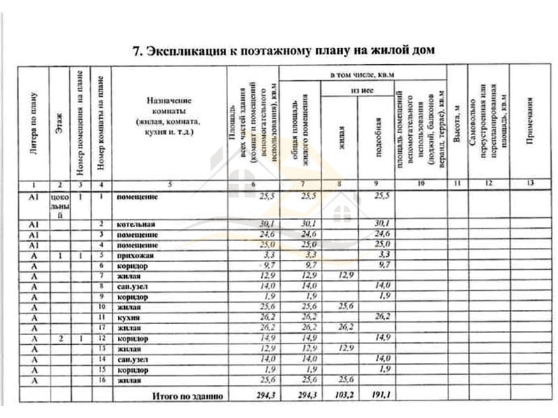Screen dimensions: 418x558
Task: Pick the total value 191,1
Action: point(376,395)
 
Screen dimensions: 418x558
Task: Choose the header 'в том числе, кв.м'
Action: point(363,72)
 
